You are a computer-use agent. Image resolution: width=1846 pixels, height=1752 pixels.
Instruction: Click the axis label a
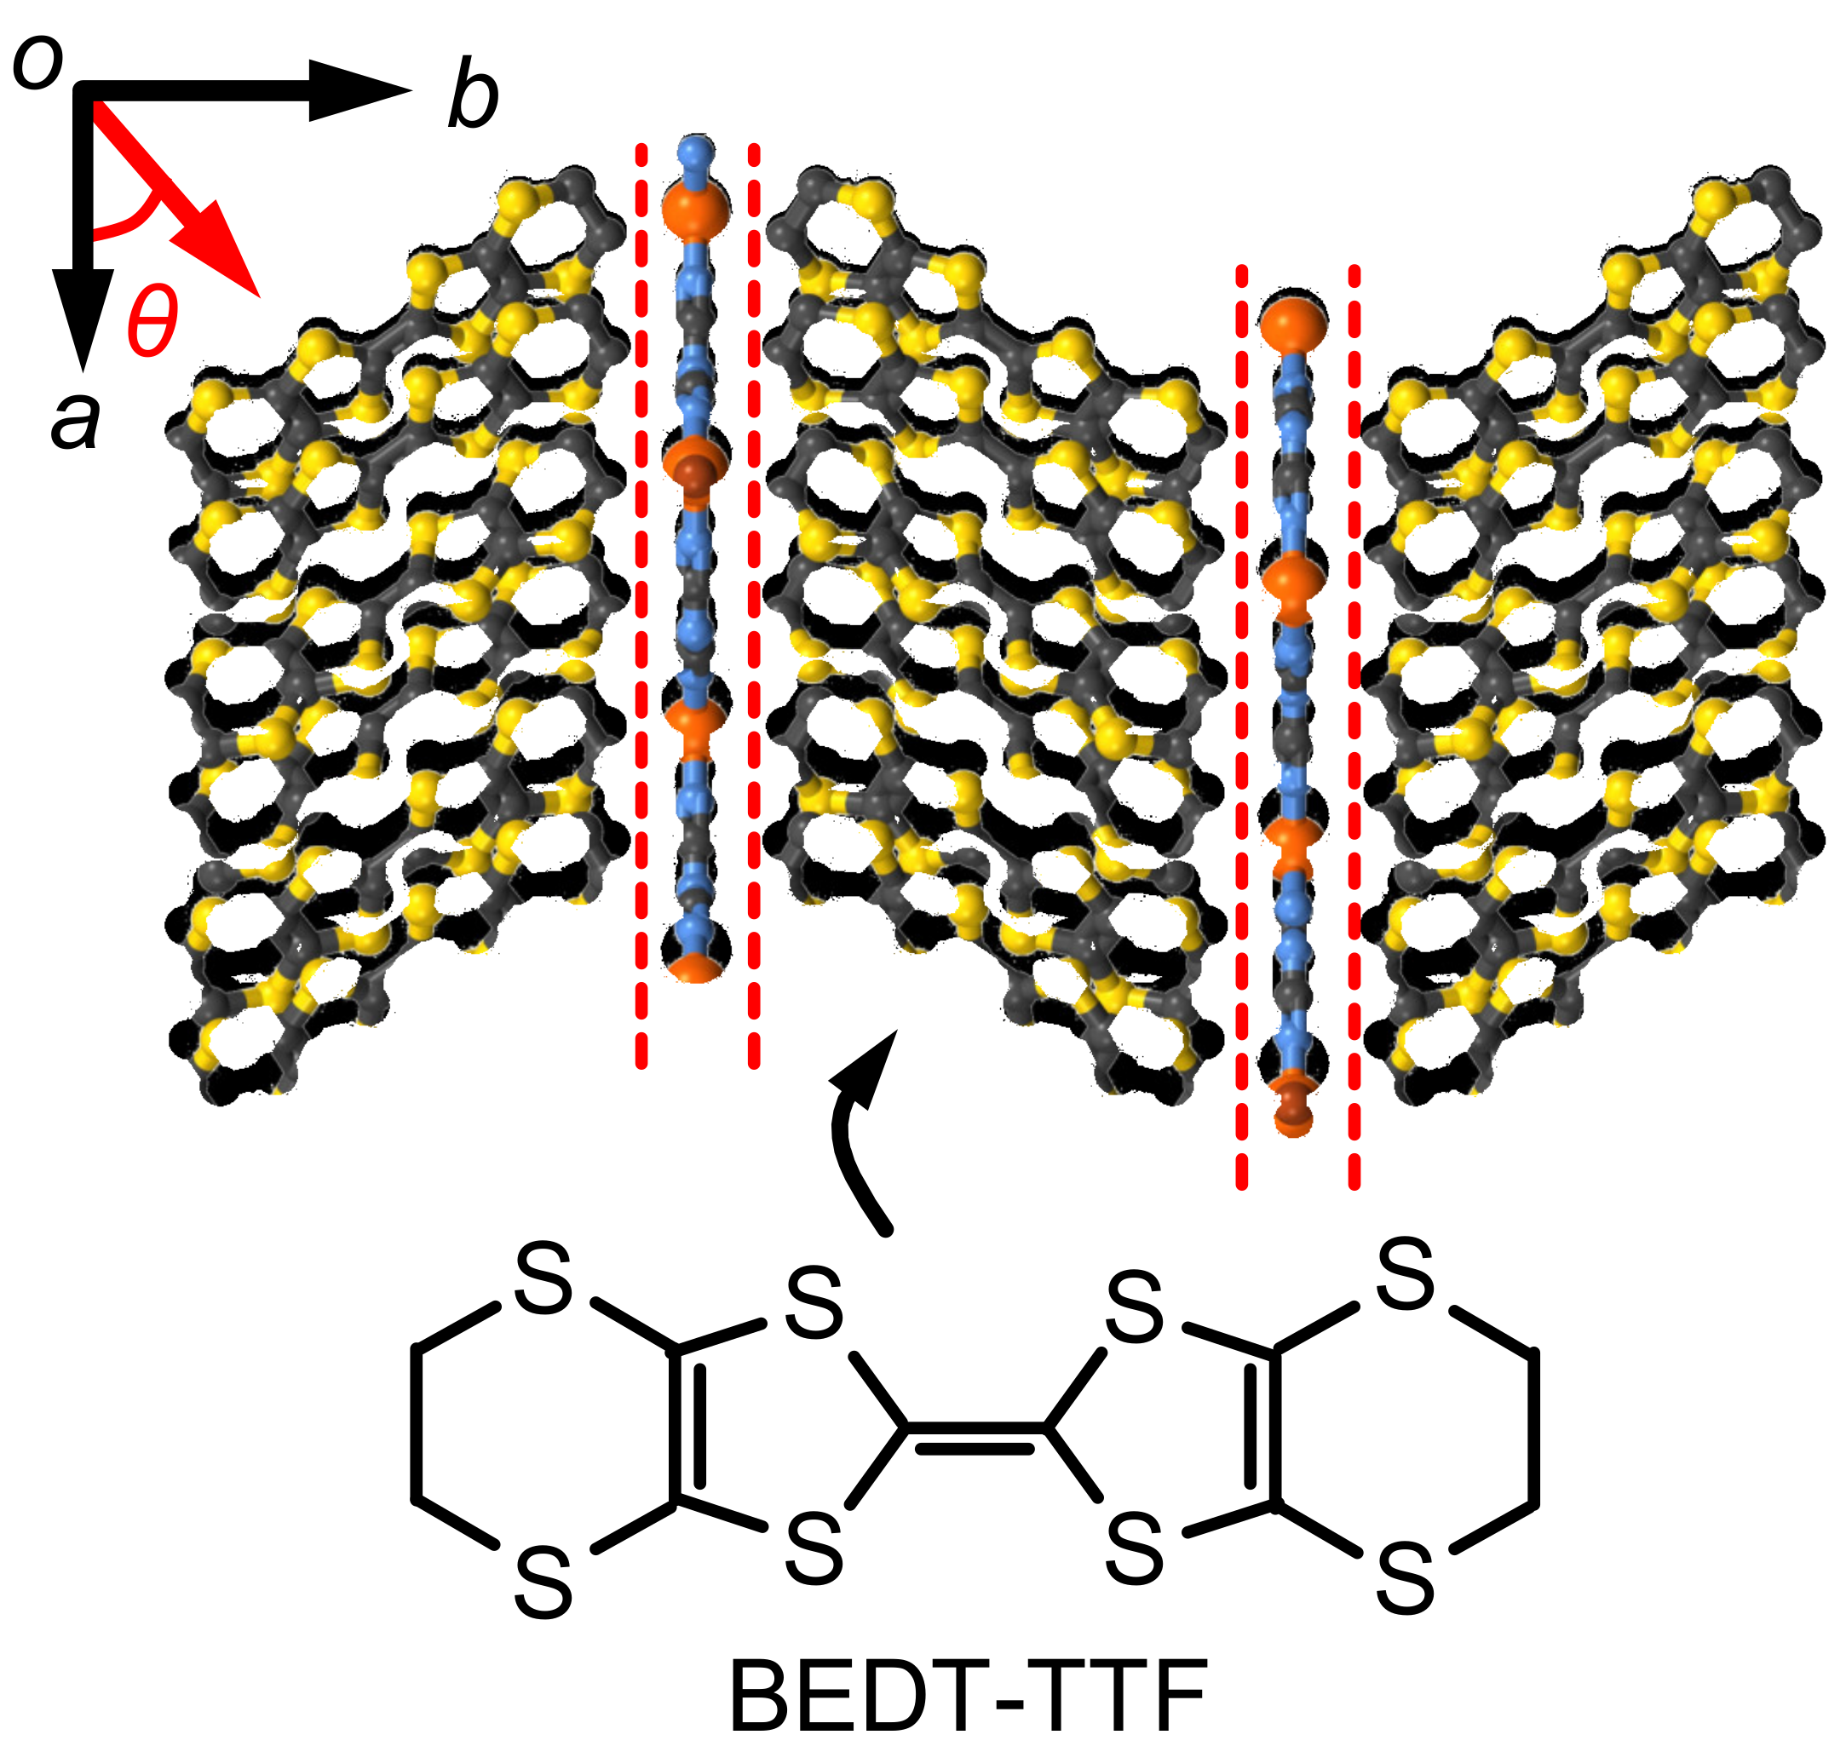tap(75, 420)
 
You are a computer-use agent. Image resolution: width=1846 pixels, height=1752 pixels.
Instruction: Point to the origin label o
tap(37, 64)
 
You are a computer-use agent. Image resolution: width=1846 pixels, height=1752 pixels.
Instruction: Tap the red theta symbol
tap(152, 321)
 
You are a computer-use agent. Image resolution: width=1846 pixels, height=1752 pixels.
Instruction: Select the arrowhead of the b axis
tap(359, 90)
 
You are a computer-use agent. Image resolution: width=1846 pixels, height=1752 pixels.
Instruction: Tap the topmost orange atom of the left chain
tap(696, 210)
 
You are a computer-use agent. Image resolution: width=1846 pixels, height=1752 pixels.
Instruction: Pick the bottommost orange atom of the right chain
tap(1293, 1116)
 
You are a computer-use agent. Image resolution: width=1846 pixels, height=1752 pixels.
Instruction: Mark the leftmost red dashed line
tap(641, 607)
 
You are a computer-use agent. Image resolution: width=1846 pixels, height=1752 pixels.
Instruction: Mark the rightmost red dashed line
tap(1354, 728)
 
